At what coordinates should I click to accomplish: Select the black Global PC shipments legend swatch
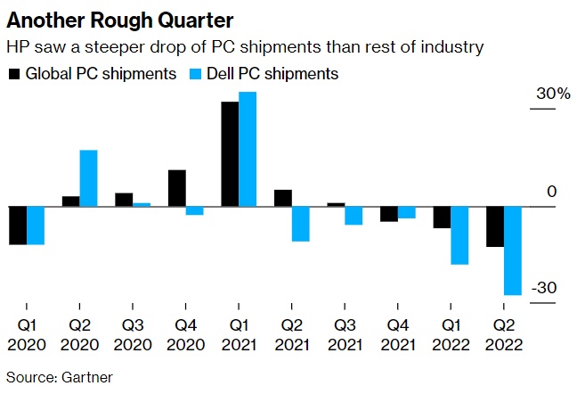[x=13, y=73]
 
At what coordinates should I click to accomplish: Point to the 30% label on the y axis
[x=552, y=95]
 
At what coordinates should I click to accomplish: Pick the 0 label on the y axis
[x=551, y=192]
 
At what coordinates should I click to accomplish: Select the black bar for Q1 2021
[x=230, y=154]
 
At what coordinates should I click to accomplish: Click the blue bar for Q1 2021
[x=248, y=149]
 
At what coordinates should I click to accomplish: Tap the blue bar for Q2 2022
[x=512, y=250]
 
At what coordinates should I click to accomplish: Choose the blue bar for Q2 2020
[x=88, y=178]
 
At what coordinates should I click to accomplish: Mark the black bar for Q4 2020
[x=177, y=188]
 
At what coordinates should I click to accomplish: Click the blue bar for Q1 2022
[x=459, y=235]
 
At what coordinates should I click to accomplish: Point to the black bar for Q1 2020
[x=18, y=226]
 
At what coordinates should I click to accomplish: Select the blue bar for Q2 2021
[x=300, y=224]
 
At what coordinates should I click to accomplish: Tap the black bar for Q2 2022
[x=495, y=226]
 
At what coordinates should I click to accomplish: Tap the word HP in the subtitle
[x=17, y=45]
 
